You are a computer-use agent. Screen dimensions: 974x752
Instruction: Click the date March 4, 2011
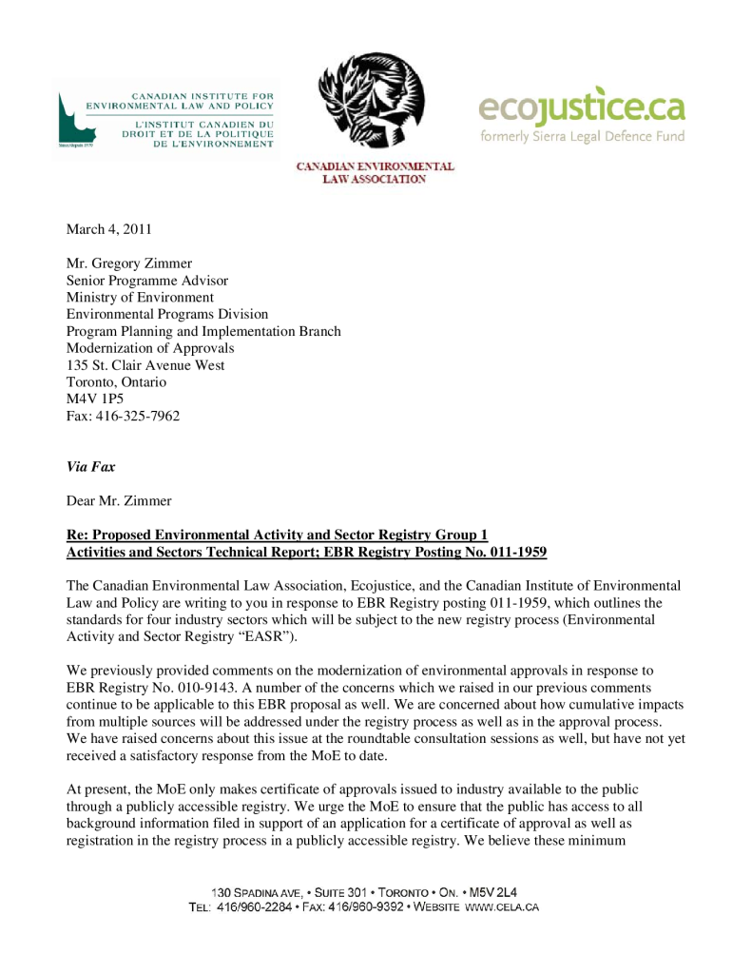[x=108, y=229]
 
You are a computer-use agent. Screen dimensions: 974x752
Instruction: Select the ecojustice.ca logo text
[x=582, y=107]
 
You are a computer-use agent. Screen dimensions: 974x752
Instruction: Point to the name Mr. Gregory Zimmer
[x=129, y=263]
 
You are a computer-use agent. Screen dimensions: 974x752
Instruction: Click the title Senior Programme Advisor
[x=146, y=281]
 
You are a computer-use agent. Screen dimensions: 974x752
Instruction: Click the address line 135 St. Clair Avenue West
[x=145, y=365]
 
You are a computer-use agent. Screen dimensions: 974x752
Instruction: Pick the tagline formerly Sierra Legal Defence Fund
[x=582, y=136]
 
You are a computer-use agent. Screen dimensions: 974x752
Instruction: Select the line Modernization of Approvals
[x=149, y=348]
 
